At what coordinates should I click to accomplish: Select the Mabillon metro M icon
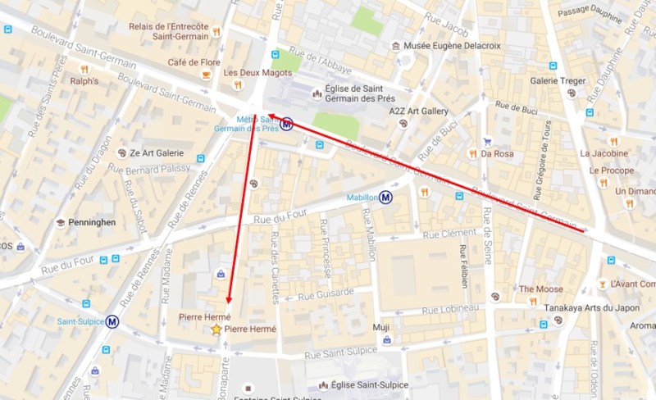click(385, 197)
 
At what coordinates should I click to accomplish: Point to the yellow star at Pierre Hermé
click(216, 330)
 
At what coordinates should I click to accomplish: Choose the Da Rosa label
click(497, 153)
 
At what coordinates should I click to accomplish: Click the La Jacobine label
click(604, 153)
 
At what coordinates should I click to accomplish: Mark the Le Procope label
click(607, 170)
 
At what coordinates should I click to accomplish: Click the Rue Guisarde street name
click(326, 292)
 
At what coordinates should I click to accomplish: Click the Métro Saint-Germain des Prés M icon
click(286, 125)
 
